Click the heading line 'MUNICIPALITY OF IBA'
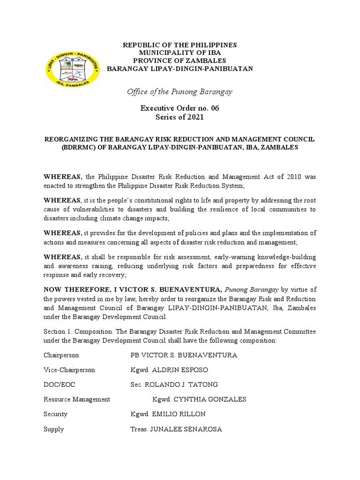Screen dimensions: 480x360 click(x=180, y=53)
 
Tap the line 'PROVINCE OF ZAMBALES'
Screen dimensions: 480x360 click(x=180, y=61)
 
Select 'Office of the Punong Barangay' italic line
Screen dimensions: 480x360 click(x=180, y=91)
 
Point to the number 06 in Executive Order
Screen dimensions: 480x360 click(x=215, y=108)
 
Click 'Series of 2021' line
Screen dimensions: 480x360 click(x=180, y=117)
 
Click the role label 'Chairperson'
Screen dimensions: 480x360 click(x=61, y=355)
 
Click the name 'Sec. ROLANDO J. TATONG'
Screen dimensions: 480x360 click(x=174, y=384)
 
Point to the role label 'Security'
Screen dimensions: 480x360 click(x=55, y=414)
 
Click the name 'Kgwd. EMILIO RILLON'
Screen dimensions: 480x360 click(x=168, y=414)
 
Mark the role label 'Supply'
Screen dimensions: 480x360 click(x=53, y=429)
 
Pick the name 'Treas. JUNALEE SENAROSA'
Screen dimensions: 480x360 click(x=176, y=429)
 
